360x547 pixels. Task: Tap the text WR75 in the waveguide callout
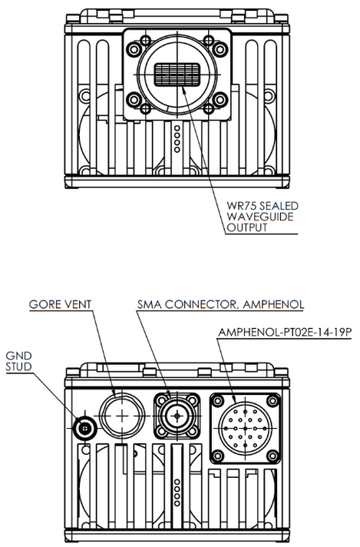coord(239,206)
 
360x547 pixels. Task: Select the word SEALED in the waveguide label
coord(276,206)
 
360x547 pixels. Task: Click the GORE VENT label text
coord(61,304)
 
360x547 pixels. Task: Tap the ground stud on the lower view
coord(85,427)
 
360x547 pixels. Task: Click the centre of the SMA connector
coord(177,415)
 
